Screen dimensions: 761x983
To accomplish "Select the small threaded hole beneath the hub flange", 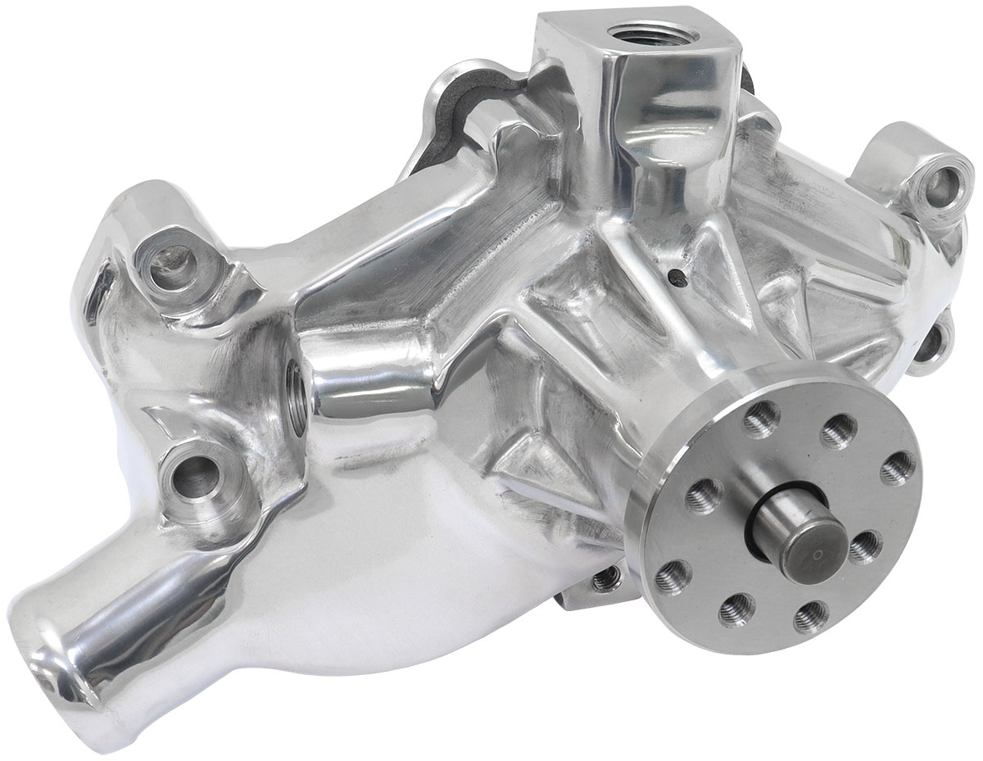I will (605, 579).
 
